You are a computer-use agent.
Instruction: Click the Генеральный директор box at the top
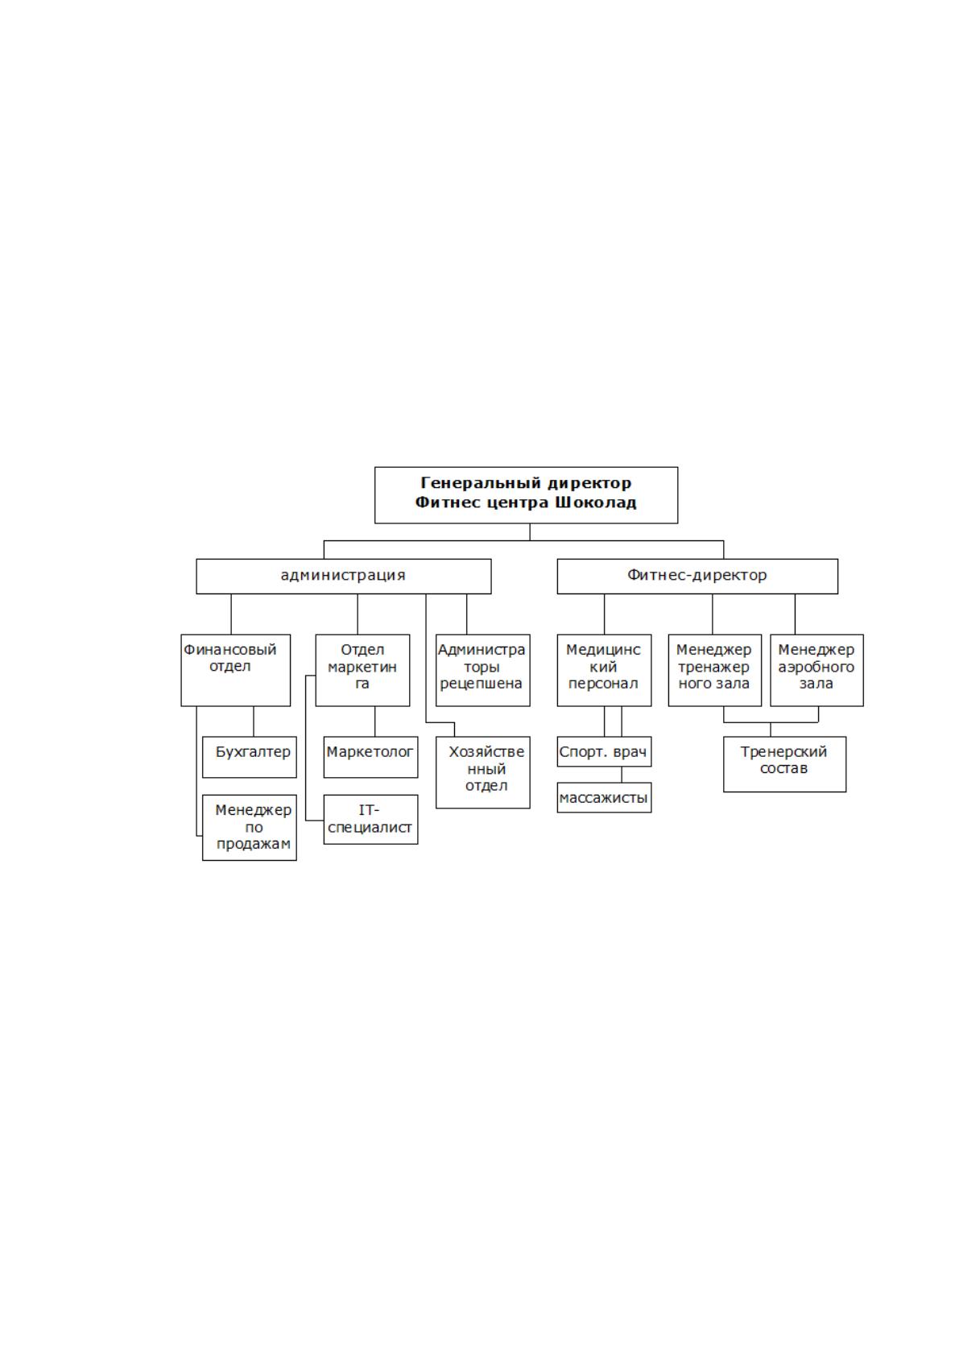pos(526,495)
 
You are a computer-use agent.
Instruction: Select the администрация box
pos(343,577)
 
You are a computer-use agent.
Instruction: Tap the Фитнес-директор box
pos(697,577)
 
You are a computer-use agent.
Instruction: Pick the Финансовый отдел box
pos(235,670)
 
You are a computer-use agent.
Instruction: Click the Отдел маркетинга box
pos(362,670)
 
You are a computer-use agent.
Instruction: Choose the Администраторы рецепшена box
pos(483,670)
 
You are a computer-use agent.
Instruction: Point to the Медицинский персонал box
pos(604,670)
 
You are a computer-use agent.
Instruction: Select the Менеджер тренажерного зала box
pos(714,670)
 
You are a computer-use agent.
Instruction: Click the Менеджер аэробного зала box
pos(816,670)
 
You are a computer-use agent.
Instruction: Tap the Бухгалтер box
pos(250,757)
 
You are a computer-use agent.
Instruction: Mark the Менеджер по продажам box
pos(250,828)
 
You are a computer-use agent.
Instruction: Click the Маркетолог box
pos(370,757)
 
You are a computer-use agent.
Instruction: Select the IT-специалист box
pos(370,820)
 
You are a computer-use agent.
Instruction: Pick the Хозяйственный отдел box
pos(483,772)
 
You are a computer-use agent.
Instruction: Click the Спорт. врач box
pos(604,752)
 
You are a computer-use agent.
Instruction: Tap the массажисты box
pos(604,798)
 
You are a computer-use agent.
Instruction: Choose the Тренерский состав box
pos(784,764)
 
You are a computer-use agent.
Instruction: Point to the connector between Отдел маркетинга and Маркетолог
pos(374,721)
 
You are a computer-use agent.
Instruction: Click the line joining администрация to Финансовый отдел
pos(230,614)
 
